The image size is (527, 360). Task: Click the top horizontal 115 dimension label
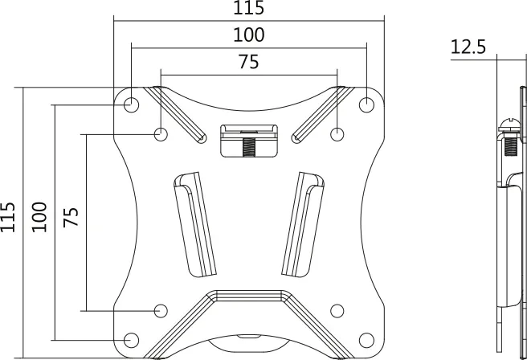point(249,8)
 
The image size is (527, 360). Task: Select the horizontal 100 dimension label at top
point(249,35)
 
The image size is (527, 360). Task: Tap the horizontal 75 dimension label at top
point(249,62)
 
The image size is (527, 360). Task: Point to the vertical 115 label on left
point(8,217)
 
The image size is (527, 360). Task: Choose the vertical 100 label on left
point(39,217)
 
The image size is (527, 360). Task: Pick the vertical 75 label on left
point(71,217)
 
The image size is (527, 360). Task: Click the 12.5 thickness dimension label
point(468,47)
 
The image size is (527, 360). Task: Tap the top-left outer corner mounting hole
point(132,105)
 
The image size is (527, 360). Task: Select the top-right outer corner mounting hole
point(366,105)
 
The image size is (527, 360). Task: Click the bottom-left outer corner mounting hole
point(132,340)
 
